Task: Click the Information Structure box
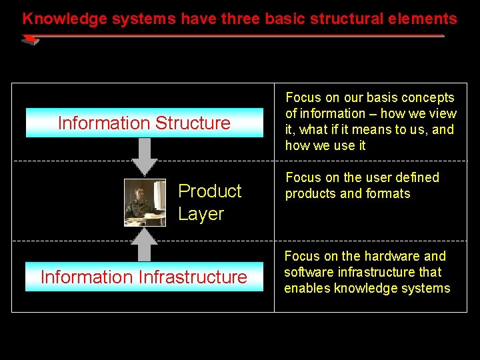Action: tap(145, 123)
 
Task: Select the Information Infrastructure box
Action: tap(145, 277)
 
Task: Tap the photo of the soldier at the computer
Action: tap(145, 203)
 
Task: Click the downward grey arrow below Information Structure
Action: tap(145, 157)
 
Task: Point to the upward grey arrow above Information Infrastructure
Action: tap(145, 244)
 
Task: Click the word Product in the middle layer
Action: tap(209, 191)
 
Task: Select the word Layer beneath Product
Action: tap(201, 214)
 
